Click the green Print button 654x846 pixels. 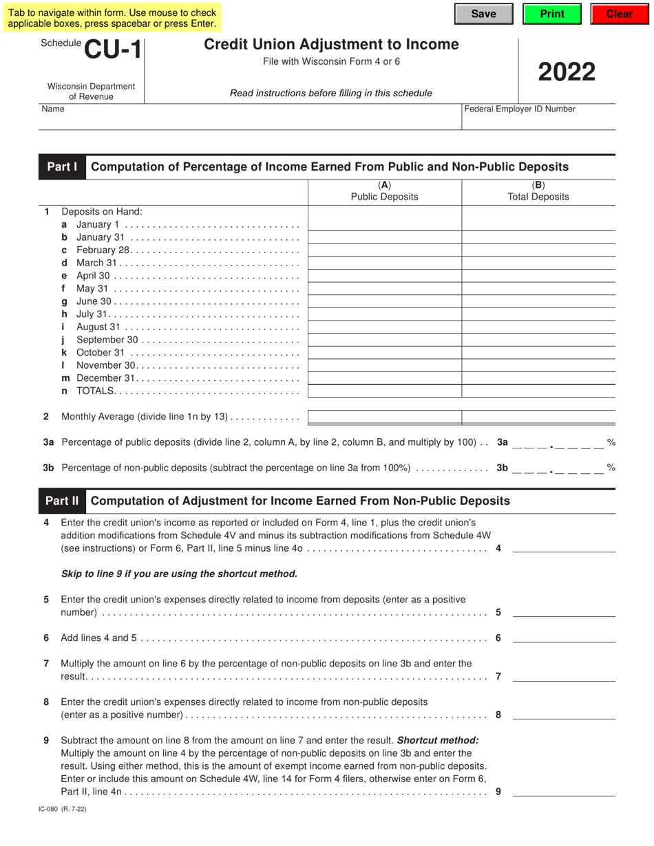coord(552,14)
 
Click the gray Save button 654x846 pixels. coord(483,14)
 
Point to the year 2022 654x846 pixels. coord(567,72)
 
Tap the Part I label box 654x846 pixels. coord(62,167)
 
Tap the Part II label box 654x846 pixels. coord(62,501)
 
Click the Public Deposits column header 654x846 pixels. coord(384,191)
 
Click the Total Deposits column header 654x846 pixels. coord(538,191)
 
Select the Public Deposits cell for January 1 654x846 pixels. coord(384,224)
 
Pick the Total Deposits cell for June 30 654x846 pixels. coord(538,301)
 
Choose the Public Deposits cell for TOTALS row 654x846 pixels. coord(384,391)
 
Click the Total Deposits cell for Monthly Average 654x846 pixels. coord(538,417)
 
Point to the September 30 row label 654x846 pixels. coord(107,340)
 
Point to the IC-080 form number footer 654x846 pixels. coord(63,810)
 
